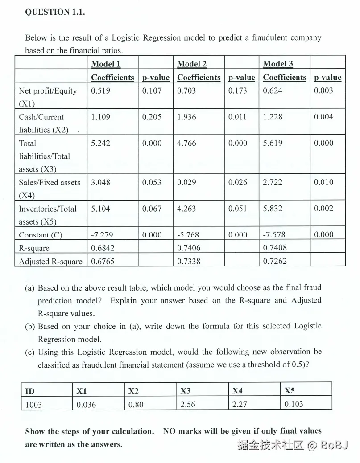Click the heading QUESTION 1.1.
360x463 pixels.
pyautogui.click(x=55, y=12)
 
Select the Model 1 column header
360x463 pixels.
pyautogui.click(x=106, y=64)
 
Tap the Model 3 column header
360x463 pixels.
pyautogui.click(x=278, y=64)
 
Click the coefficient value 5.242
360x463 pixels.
pyautogui.click(x=100, y=143)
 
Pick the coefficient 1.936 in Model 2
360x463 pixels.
pyautogui.click(x=186, y=117)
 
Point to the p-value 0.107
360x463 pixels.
pyautogui.click(x=152, y=91)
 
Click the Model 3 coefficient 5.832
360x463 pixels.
pyautogui.click(x=273, y=209)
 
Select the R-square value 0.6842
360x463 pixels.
pyautogui.click(x=103, y=248)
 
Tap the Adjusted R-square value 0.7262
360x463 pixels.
pyautogui.click(x=275, y=261)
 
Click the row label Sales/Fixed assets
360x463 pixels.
pyautogui.click(x=50, y=182)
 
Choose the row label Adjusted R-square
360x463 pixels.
pyautogui.click(x=50, y=262)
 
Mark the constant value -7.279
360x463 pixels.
pyautogui.click(x=102, y=235)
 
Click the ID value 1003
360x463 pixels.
pyautogui.click(x=33, y=404)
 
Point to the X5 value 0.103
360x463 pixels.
pyautogui.click(x=293, y=404)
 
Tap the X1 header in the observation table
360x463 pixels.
pyautogui.click(x=82, y=391)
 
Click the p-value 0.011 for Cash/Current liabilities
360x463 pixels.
pyautogui.click(x=237, y=117)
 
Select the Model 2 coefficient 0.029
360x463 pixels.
pyautogui.click(x=186, y=182)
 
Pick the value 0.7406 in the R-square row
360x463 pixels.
pyautogui.click(x=189, y=248)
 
